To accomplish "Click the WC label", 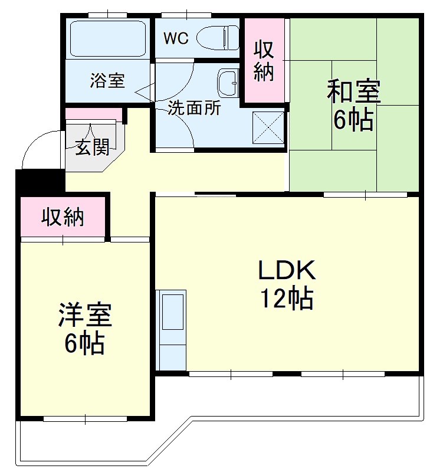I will [176, 38].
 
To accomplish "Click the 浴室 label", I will [107, 81].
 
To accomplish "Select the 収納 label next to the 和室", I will [264, 61].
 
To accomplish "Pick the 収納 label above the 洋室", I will [63, 218].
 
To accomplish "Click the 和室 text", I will [353, 92].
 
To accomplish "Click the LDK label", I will [287, 270].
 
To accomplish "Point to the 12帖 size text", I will [287, 300].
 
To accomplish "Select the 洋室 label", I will [85, 315].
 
